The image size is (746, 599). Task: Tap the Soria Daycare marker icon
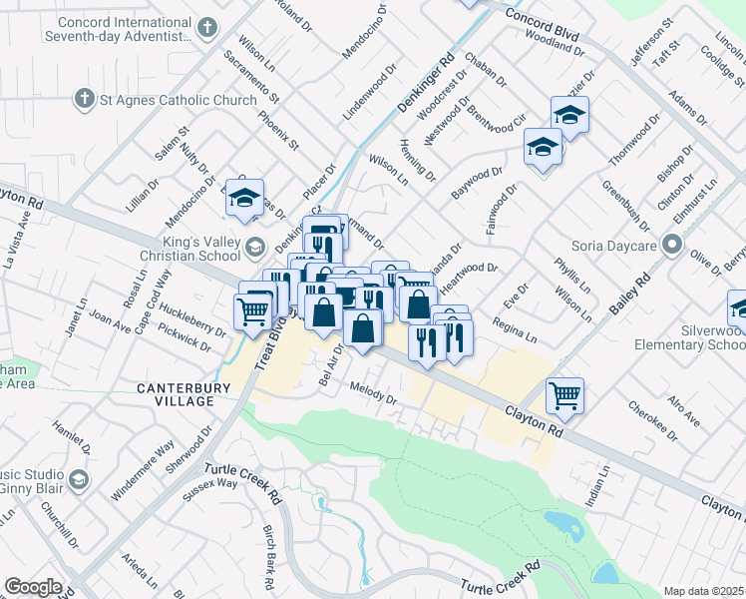click(675, 244)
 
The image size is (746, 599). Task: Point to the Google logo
click(33, 587)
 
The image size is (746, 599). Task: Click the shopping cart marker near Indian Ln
click(564, 395)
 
